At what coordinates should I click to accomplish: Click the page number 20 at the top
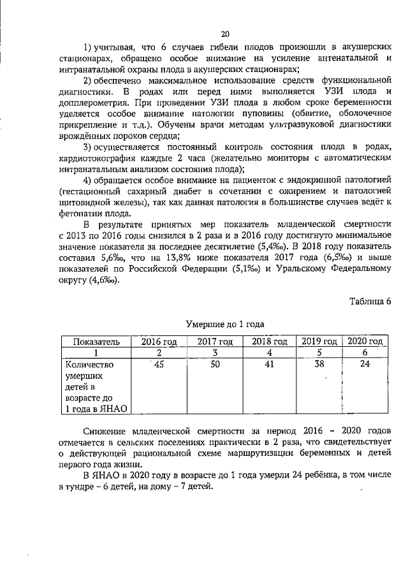(224, 34)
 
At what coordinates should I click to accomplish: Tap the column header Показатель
(96, 342)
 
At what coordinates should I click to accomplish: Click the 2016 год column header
(159, 342)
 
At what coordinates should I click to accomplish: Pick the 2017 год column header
(215, 342)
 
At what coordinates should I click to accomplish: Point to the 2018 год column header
(270, 342)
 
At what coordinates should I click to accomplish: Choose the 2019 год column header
(319, 342)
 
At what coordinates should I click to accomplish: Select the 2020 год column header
(365, 342)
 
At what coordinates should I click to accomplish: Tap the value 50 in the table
(215, 365)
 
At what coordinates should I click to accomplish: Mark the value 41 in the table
(270, 365)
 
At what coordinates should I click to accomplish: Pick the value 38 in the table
(319, 365)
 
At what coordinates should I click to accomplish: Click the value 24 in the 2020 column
(365, 365)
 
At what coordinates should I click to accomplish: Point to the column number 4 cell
(270, 353)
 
